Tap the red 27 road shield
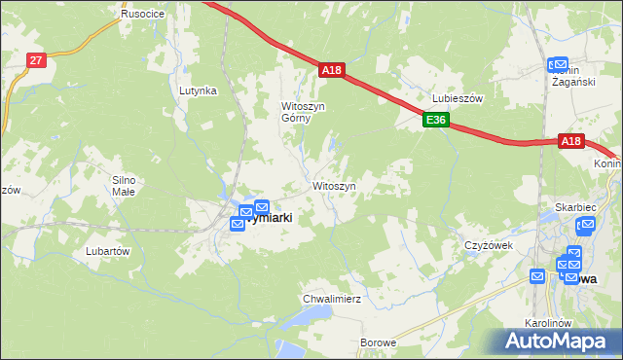[35, 60]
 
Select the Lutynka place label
[197, 90]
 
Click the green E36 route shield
[435, 121]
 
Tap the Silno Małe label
[128, 186]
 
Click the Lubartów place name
[108, 251]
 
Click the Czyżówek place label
[489, 245]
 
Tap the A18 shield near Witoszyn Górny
[331, 70]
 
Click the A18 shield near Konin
[570, 142]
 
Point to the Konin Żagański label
[572, 77]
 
